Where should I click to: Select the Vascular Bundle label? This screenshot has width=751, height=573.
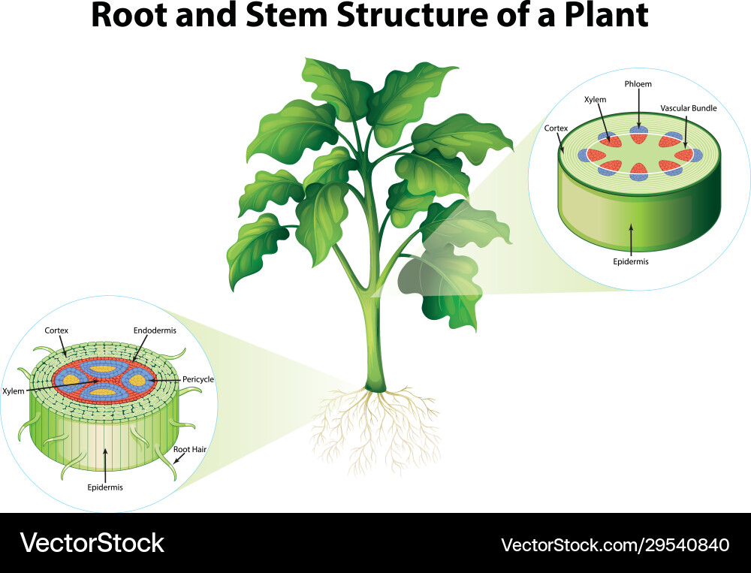coord(688,108)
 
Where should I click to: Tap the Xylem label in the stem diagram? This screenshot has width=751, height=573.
coord(595,99)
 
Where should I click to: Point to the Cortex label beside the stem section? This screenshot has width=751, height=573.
coord(556,128)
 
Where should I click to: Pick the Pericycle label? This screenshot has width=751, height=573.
coord(198,379)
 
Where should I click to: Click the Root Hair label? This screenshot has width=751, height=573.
coord(190,449)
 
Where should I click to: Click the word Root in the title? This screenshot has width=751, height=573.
coord(129,17)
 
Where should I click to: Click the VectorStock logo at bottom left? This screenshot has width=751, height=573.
coord(92,542)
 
